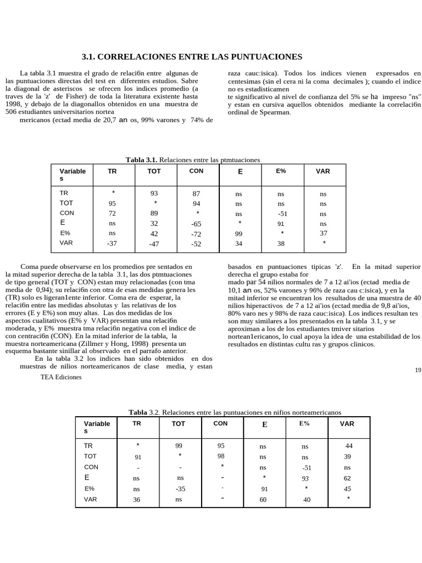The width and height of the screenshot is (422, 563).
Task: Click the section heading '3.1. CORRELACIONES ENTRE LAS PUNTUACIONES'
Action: pos(192,57)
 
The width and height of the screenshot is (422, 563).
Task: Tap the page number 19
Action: pos(418,370)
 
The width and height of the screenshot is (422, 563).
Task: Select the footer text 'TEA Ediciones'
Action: pos(60,377)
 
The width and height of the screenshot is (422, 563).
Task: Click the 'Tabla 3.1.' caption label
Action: pos(142,159)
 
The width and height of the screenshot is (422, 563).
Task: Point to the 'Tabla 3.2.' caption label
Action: pos(146,412)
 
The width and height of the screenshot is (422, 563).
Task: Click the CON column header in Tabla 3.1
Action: pos(196,171)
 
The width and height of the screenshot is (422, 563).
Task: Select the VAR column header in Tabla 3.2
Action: pos(347,424)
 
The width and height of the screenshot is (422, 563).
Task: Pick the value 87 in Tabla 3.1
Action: pos(196,194)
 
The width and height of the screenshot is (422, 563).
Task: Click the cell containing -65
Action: pos(196,224)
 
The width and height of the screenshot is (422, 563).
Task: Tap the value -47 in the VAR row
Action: pos(154,244)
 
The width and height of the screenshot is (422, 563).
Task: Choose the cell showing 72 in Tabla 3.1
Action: pos(112,213)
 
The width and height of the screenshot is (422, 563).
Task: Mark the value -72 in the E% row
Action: pos(196,234)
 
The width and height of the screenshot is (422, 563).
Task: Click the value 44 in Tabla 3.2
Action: pos(349,446)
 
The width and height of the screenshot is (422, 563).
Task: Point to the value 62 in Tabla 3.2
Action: pos(347,478)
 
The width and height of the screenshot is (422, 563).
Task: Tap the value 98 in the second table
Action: pos(221,456)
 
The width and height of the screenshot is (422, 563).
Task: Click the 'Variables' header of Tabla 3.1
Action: pos(73,175)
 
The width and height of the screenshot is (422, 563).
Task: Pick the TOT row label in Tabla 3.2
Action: pos(90,456)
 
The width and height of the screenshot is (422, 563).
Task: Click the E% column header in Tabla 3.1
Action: pos(281,171)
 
